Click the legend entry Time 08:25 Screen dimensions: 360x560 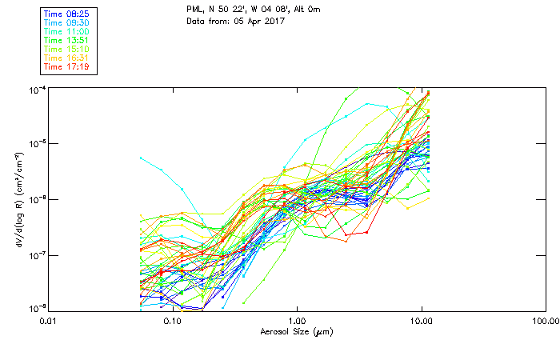[67, 13]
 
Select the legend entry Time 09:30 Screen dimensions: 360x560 [67, 22]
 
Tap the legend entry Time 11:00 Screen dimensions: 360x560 [67, 31]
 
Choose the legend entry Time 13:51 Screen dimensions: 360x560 [67, 40]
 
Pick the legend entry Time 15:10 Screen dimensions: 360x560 [67, 49]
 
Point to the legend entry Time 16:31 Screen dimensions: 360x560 [67, 58]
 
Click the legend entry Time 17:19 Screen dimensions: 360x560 [67, 66]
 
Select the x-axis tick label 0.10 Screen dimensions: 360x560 [172, 321]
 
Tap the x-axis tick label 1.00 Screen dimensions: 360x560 [297, 321]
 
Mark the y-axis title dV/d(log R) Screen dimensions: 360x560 [17, 198]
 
